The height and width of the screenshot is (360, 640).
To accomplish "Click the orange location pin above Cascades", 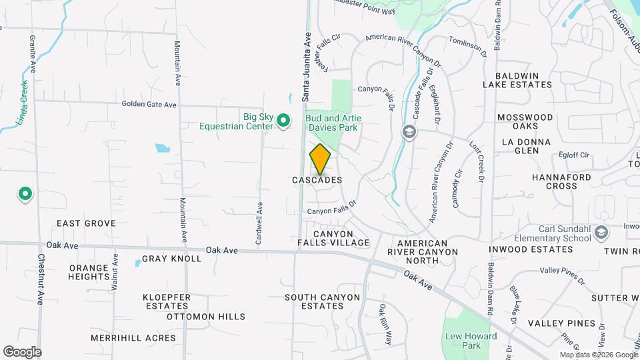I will [x=321, y=159].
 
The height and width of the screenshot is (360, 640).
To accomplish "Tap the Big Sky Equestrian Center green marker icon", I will [x=283, y=121].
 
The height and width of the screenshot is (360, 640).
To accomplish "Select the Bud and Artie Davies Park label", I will [x=332, y=123].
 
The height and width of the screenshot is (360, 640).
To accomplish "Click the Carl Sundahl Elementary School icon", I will [x=602, y=233].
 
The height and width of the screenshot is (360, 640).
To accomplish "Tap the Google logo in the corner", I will [x=22, y=352].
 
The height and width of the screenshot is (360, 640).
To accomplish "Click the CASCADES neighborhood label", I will [x=317, y=180].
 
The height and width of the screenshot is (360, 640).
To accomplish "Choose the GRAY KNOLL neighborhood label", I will [x=171, y=259].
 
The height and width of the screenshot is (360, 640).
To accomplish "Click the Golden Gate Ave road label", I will [x=149, y=105].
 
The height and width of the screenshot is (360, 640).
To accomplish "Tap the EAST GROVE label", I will [x=86, y=223].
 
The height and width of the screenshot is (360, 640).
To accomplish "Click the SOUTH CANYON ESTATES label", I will [x=314, y=301].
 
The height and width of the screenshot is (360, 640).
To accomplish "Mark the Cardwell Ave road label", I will [x=259, y=221].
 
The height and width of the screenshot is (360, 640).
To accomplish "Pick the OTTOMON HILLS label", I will [x=206, y=317].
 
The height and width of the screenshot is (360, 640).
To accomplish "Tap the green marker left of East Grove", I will [x=25, y=194].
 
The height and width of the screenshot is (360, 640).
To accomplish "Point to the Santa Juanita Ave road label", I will [x=307, y=67].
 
